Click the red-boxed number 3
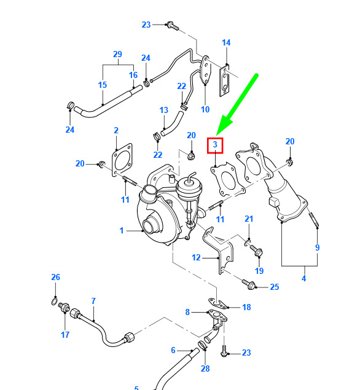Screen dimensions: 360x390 pyautogui.click(x=215, y=144)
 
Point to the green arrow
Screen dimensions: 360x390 pyautogui.click(x=237, y=104)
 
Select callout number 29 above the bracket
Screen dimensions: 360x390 pyautogui.click(x=117, y=54)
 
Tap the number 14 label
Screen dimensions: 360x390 pyautogui.click(x=226, y=42)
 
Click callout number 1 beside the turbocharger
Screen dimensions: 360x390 pyautogui.click(x=122, y=230)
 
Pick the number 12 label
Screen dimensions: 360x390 pyautogui.click(x=196, y=257)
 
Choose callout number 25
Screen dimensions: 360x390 pyautogui.click(x=275, y=287)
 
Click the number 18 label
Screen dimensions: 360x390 pyautogui.click(x=246, y=308)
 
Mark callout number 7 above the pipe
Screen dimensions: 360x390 pyautogui.click(x=93, y=301)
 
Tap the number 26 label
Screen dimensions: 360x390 pyautogui.click(x=55, y=277)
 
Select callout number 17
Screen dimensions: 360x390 pyautogui.click(x=65, y=335)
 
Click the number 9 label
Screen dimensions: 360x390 pyautogui.click(x=317, y=248)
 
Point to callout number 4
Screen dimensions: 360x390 pyautogui.click(x=303, y=278)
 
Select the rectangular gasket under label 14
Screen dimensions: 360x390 pyautogui.click(x=224, y=80)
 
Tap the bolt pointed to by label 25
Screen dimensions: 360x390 pyautogui.click(x=249, y=284)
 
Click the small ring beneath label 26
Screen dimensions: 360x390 pyautogui.click(x=54, y=302)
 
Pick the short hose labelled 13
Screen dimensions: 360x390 pyautogui.click(x=172, y=123)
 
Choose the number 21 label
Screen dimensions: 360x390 pyautogui.click(x=249, y=219)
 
